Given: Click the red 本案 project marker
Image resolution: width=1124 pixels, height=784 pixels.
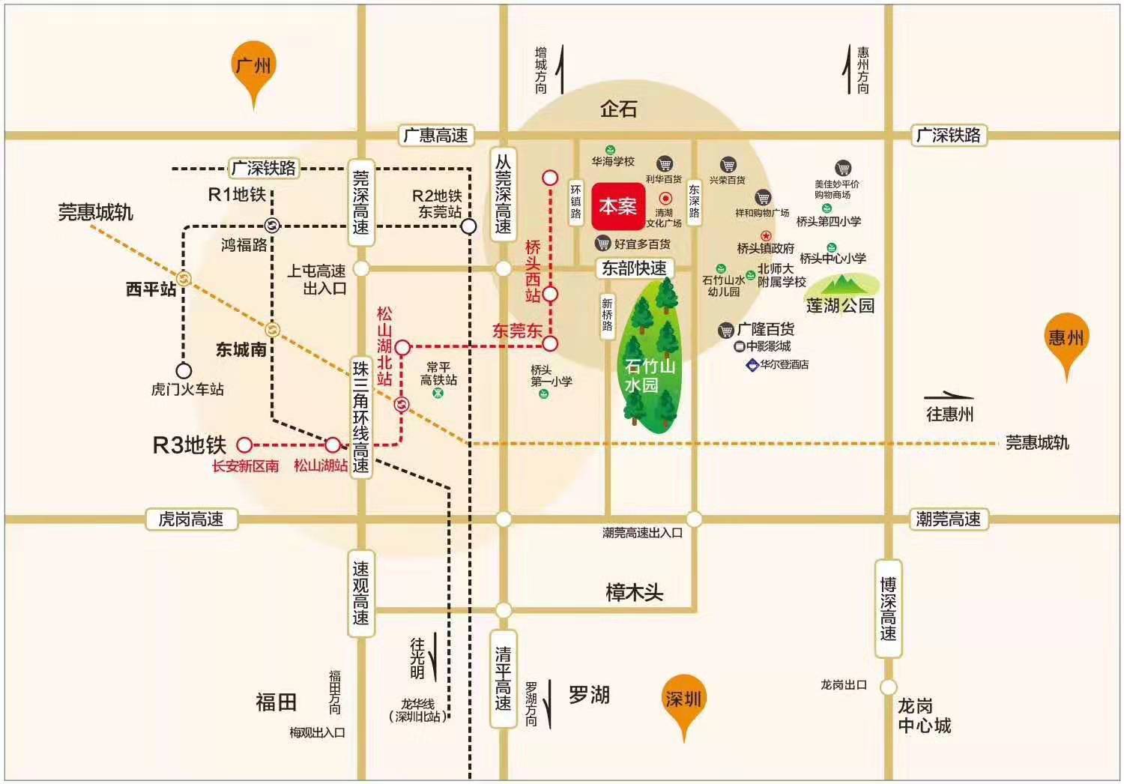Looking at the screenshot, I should [618, 206].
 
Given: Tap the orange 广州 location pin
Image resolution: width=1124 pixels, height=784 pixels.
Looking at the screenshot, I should [254, 71].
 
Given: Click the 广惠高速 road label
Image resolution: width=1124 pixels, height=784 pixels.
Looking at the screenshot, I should [435, 136].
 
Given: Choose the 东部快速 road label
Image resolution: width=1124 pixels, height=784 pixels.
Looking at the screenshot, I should [634, 268].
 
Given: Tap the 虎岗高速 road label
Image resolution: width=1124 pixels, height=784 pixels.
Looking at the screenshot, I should [191, 519].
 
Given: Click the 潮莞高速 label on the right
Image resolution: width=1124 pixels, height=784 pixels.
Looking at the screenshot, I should [948, 519].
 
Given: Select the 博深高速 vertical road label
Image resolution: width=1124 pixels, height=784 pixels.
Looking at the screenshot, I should [888, 608].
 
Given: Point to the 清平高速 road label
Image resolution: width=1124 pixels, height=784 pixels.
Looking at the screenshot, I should [503, 678].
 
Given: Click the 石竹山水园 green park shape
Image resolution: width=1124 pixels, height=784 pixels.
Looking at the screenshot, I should [650, 356].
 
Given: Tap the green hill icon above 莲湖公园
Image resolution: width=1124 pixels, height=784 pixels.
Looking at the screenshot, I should [844, 284].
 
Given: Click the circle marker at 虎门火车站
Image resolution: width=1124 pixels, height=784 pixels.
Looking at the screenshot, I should [184, 370].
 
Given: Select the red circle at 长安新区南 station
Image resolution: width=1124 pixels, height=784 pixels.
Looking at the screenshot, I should [244, 444].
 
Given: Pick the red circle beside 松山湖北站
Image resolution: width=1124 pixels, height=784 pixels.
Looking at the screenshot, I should [402, 347].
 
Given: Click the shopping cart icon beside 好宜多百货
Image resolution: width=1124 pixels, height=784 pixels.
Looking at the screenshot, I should [602, 244].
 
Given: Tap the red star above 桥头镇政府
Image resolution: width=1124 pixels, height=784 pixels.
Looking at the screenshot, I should [766, 235].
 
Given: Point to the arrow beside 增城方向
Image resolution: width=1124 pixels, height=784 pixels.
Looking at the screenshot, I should [561, 69].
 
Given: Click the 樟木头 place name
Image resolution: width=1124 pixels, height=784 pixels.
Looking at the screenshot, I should [635, 593].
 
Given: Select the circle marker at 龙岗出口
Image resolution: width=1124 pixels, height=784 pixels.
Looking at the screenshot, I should [888, 687].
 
